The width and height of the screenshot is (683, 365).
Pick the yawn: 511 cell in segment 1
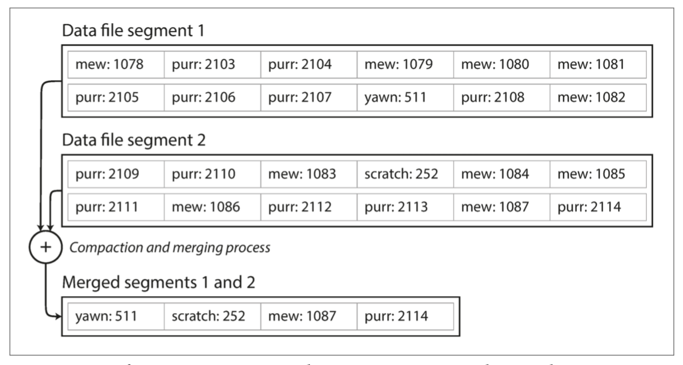[x=404, y=97]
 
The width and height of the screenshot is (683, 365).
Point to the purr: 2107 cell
[x=308, y=97]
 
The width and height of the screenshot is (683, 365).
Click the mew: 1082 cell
[x=597, y=97]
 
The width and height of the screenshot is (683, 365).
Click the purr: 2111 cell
[x=116, y=208]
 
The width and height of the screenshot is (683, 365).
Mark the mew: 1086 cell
[x=212, y=208]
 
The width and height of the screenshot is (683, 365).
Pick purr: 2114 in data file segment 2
[x=597, y=208]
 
